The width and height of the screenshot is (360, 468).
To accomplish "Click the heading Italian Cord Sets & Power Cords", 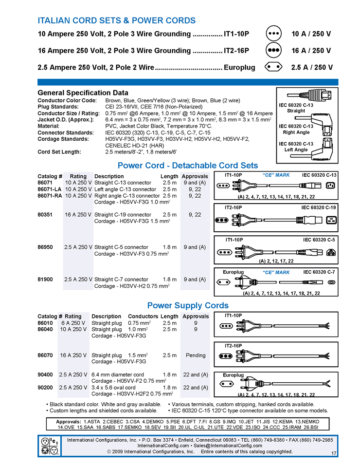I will pos(117,20).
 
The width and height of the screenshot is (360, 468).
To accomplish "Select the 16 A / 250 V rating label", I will pos(311,51).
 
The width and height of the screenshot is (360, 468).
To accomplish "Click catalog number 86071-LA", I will pos(50,189).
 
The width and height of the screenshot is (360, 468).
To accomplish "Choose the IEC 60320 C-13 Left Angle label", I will pos(296,147).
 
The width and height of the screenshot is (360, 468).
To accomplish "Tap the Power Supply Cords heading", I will pos(188,306).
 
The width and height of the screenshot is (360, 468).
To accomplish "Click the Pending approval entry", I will pos(196,356).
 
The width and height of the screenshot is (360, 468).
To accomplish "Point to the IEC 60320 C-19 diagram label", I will pos(319,207).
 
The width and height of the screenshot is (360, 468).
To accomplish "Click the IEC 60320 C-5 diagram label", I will pos(319,240).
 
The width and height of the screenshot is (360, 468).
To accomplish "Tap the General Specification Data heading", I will pos(83,93).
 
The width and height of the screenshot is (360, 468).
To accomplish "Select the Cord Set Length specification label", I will pos(59,151).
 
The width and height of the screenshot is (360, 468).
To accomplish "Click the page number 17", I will pos(334,454).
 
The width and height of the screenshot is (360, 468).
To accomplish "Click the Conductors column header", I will pos(143,317).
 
